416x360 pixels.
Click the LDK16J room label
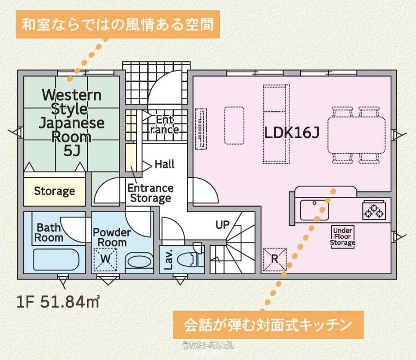[x=292, y=133]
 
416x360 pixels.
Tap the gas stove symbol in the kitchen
[x=374, y=210]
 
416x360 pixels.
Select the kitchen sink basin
[x=314, y=210]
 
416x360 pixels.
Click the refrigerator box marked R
[x=275, y=259]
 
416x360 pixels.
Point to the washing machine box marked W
[x=105, y=259]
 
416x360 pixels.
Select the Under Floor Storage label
[x=342, y=236]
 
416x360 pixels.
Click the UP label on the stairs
[x=222, y=225]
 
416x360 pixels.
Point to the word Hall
[x=164, y=164]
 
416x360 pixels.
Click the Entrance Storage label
[x=151, y=193]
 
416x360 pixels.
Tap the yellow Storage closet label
[x=54, y=191]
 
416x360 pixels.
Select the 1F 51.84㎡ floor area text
[x=58, y=302]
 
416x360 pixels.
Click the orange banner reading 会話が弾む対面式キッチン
[x=268, y=325]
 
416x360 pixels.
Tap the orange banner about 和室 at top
[x=118, y=25]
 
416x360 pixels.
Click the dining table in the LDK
[x=356, y=135]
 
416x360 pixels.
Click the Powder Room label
[x=112, y=237]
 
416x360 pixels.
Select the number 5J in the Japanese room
[x=72, y=151]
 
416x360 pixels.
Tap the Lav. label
[x=169, y=259]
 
